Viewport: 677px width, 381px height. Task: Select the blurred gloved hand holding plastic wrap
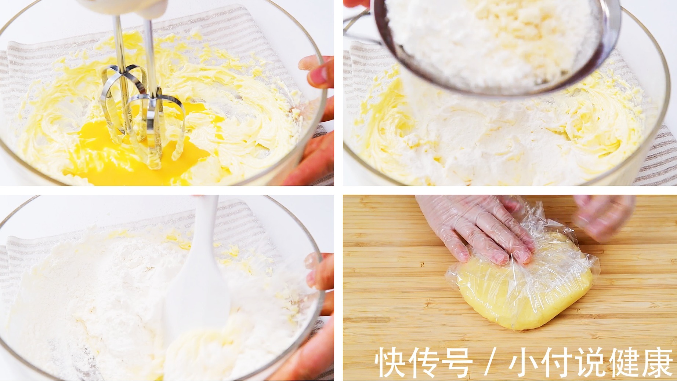pos(602,216)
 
